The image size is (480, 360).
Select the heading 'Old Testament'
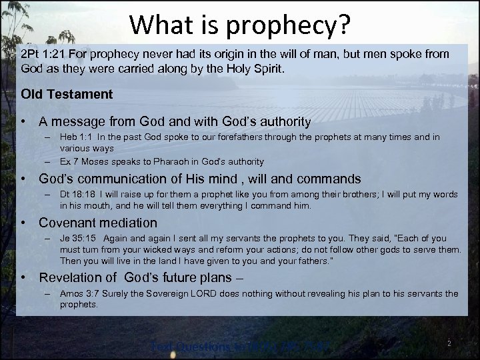click(67, 94)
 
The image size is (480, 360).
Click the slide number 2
click(449, 343)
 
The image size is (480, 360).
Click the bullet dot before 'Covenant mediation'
click(23, 223)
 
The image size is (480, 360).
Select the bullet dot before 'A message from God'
click(23, 121)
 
